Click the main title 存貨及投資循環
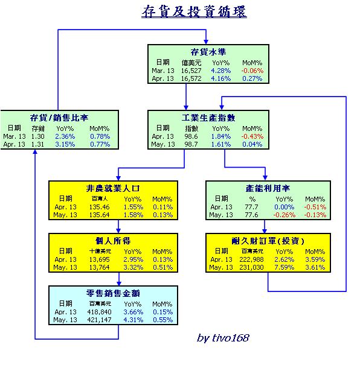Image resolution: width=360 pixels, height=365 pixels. pos(194,11)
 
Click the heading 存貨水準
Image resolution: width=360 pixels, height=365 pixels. pos(208,52)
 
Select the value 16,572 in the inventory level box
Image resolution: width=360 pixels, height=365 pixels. pos(191,78)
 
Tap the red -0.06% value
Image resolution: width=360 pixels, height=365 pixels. pos(252,71)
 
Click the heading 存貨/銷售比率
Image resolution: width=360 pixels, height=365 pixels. pos(59,118)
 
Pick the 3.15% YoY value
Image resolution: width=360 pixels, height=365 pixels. pos(65,144)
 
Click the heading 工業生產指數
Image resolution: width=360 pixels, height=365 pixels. pos(208,118)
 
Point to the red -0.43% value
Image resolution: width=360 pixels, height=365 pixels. pos(252,136)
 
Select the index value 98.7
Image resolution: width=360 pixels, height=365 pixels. pos(191,144)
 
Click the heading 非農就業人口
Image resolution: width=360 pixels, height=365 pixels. pos(113,188)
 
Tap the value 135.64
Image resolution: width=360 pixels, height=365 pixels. pos(99,215)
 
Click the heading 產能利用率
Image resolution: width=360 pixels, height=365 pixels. pos(268,188)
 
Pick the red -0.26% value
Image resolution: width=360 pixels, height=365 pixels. pos(284,215)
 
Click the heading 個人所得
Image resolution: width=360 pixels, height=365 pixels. pos(113,241)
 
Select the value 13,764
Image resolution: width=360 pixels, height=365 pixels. pos(99,267)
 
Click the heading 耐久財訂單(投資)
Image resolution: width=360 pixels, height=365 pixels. pos(268,241)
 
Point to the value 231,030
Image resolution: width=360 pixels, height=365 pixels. pos(251,267)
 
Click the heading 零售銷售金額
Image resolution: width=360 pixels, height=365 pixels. pos(113,293)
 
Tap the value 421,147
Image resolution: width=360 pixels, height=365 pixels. pos(99,320)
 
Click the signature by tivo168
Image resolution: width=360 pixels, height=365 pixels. pos(223,338)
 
